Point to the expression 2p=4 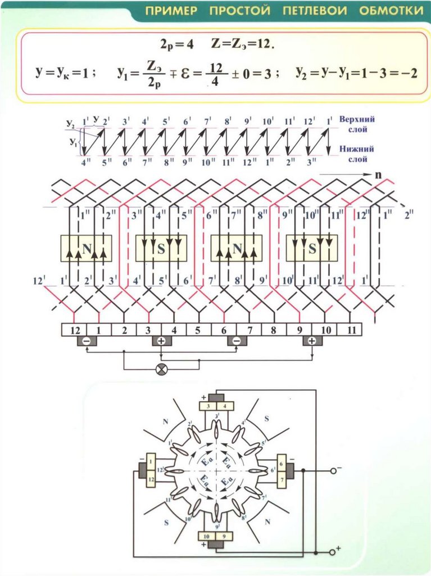176,45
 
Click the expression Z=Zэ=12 243,45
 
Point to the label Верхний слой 357,124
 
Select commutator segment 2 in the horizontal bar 124,329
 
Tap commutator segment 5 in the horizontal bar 197,329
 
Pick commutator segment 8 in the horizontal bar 273,329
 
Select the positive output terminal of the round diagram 332,552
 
